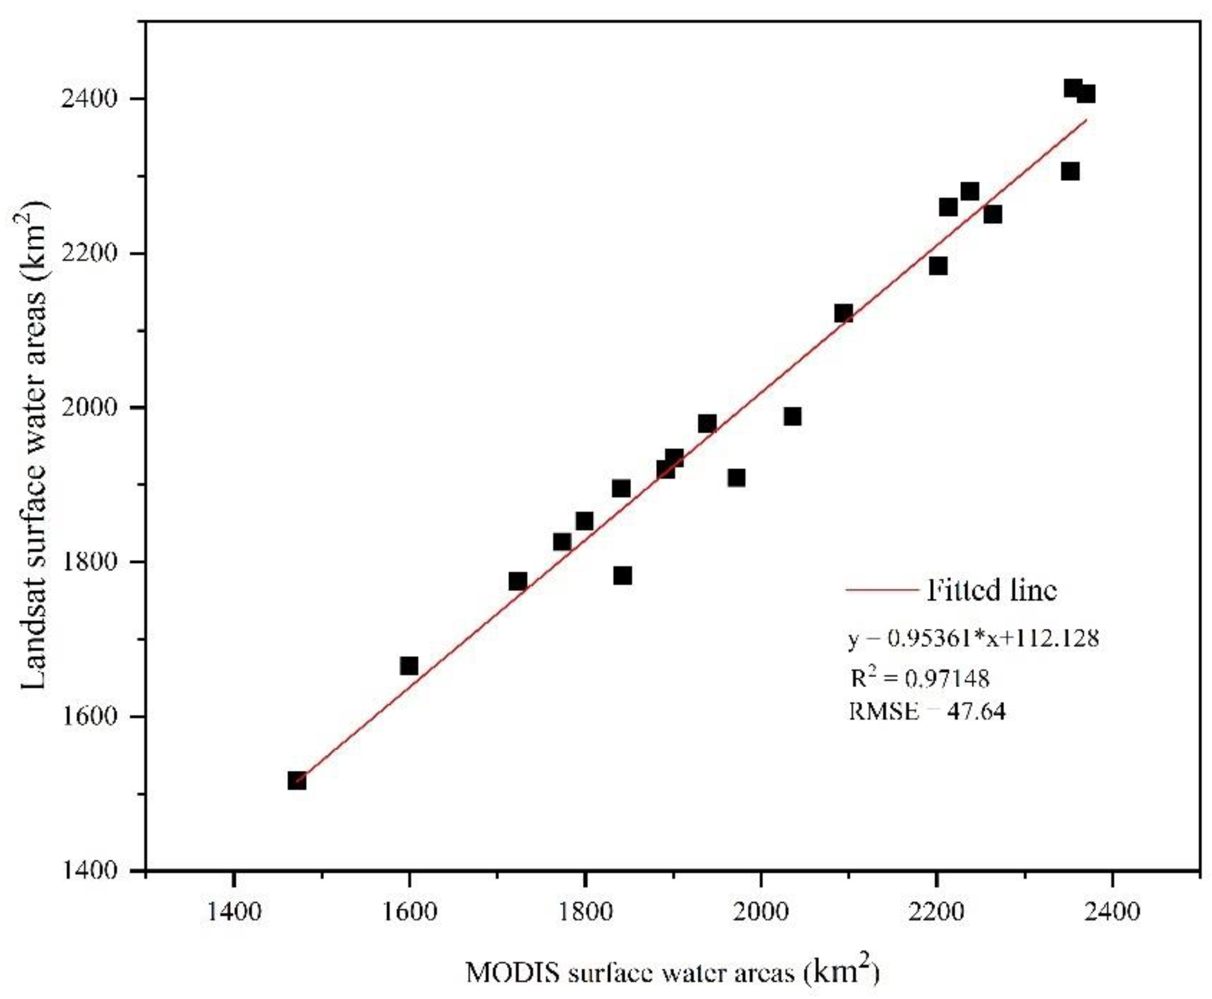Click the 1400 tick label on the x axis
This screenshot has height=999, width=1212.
click(x=233, y=912)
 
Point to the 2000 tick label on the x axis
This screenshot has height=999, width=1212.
click(x=761, y=912)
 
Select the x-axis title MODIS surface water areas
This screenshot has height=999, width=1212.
click(x=672, y=973)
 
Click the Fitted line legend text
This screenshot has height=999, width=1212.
click(x=991, y=590)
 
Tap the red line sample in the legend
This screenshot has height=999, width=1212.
click(x=881, y=590)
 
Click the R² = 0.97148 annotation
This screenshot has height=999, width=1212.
click(x=920, y=679)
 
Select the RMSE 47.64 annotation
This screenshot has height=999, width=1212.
click(x=926, y=712)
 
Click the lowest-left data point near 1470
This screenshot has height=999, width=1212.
click(x=297, y=781)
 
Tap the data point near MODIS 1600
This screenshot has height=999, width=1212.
click(x=409, y=666)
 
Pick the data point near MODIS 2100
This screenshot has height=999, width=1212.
click(x=843, y=314)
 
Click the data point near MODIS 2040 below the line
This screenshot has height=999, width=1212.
click(x=792, y=416)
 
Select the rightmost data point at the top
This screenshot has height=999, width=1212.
click(x=1085, y=94)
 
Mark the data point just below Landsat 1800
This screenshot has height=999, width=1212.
click(x=622, y=576)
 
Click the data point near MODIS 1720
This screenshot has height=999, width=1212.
click(x=518, y=581)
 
